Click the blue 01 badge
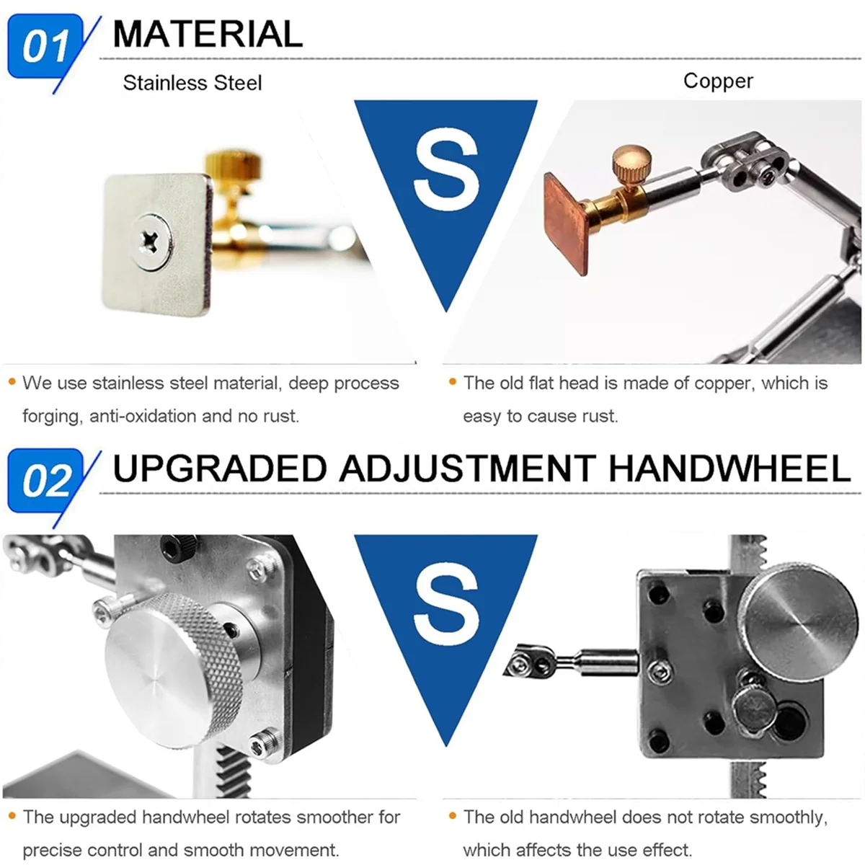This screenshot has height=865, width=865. point(45,47)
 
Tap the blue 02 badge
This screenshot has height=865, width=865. point(45,481)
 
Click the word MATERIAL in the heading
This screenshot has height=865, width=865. point(208,34)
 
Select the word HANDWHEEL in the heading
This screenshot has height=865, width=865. point(729,469)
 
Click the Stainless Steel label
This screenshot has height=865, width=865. point(192,83)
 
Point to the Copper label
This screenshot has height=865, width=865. point(718,81)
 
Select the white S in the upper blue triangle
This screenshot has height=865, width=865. point(447,172)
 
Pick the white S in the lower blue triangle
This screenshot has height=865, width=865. point(447,606)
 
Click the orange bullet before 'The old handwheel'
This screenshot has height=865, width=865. point(453,816)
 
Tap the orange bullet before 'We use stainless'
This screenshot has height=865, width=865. point(12,381)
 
